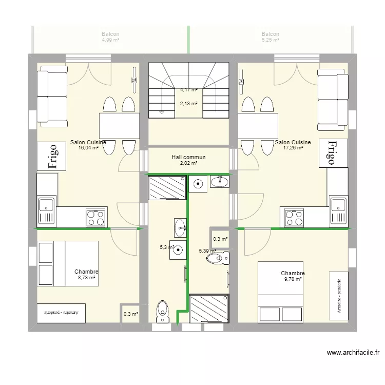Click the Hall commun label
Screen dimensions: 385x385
tap(188, 158)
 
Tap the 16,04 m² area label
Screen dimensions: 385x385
tap(88, 148)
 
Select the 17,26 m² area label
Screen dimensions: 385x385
tap(293, 148)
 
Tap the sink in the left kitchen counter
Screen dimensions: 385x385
tap(46, 210)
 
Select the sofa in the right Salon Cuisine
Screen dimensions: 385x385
tap(332, 101)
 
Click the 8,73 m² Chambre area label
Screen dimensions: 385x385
tap(86, 277)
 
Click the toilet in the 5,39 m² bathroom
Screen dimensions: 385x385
tap(216, 260)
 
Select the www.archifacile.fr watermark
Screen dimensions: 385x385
tap(353, 353)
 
